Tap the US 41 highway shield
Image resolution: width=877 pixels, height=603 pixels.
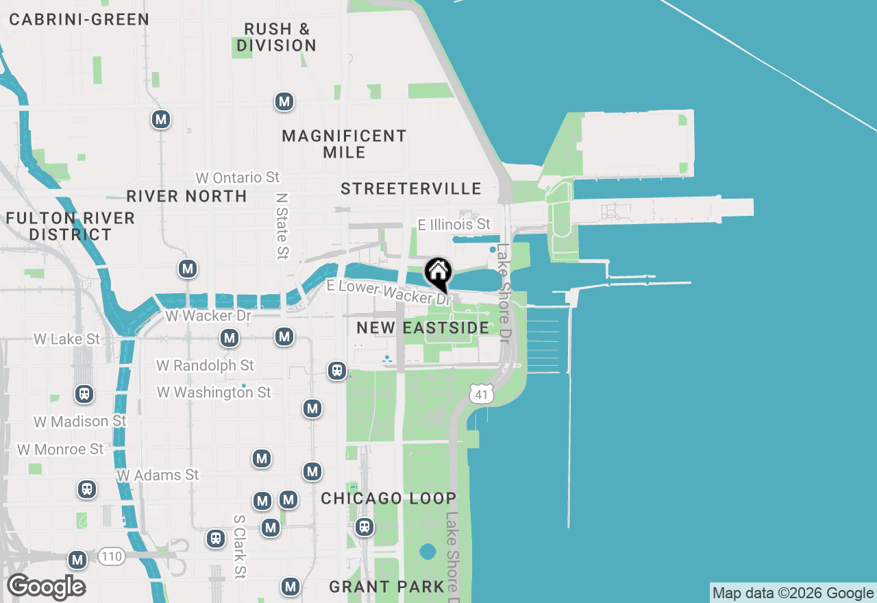[482, 393]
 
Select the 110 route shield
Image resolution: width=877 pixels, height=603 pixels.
[111, 556]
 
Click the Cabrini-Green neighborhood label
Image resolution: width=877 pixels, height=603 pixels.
[79, 19]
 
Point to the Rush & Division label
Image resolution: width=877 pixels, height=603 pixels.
[277, 38]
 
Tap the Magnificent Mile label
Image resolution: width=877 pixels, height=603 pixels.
[344, 144]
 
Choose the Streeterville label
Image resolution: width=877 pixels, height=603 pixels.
[411, 188]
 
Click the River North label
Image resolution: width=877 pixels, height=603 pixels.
[186, 196]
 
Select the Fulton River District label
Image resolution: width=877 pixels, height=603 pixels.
[71, 226]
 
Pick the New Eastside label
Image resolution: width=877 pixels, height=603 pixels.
[423, 328]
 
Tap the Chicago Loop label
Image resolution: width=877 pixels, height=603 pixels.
[388, 498]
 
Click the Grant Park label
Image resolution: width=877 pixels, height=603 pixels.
[387, 587]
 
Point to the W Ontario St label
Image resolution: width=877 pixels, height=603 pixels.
[238, 177]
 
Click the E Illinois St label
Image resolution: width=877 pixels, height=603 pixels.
[454, 224]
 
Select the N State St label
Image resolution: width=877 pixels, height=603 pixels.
[282, 225]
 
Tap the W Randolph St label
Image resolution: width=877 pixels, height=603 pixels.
[205, 365]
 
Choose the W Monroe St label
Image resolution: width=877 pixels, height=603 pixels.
[60, 450]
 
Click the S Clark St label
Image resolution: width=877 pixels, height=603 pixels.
[239, 547]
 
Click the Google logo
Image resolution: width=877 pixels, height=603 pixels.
[46, 587]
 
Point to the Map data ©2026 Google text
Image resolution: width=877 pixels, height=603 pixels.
[793, 593]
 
